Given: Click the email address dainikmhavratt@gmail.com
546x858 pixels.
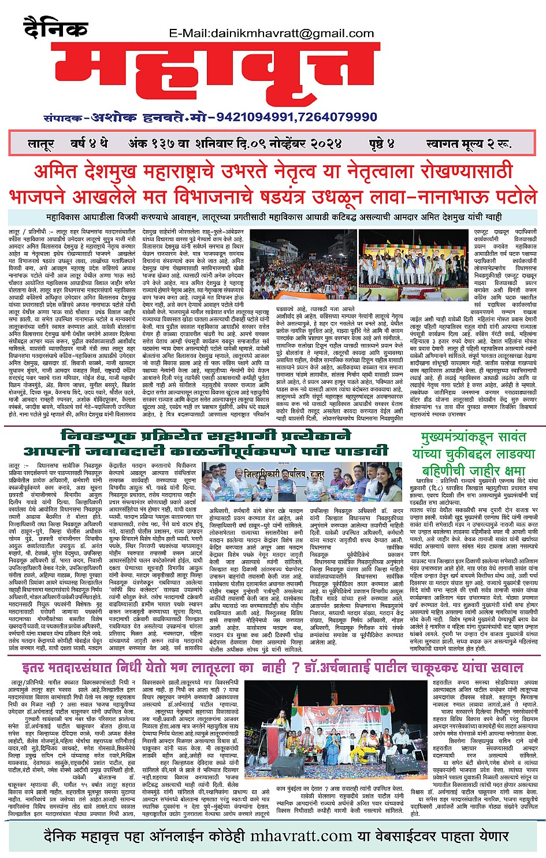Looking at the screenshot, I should click(272, 33).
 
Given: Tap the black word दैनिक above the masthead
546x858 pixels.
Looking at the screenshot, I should click(55, 28).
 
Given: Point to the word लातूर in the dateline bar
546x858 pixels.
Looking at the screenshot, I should click(40, 143).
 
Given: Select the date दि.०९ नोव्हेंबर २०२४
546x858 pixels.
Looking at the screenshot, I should click(289, 143).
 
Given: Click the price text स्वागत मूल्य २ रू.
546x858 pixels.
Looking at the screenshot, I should click(469, 143).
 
